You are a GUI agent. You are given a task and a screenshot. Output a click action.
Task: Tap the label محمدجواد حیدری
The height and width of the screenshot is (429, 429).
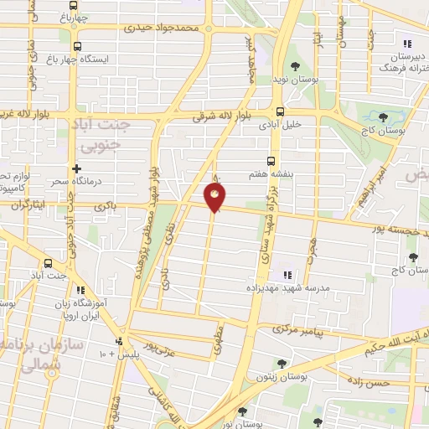coord(163,28)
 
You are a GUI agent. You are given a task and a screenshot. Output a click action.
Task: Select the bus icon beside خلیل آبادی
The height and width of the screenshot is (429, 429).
coord(280,111)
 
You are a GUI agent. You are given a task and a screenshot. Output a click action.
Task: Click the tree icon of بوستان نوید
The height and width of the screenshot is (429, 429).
coord(294,65)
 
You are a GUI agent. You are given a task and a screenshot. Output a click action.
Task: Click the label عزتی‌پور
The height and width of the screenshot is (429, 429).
coord(161,345)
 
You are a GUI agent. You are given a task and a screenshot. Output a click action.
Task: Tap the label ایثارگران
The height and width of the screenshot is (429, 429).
coord(23,204)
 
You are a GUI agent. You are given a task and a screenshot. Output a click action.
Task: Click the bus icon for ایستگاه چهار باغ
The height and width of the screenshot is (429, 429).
coord(78,47)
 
